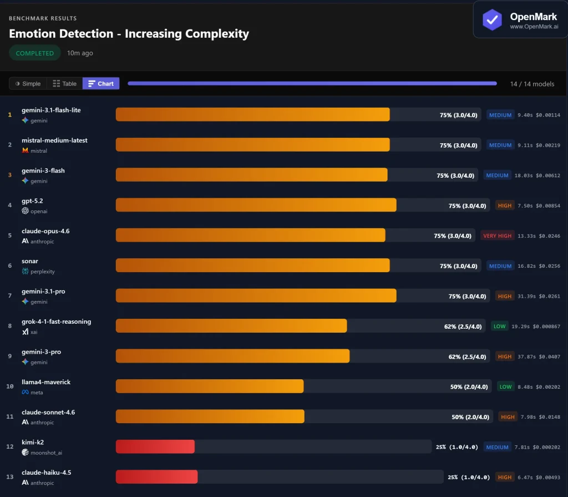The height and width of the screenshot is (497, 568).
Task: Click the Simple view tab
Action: (x=28, y=84)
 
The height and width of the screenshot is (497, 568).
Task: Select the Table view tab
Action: (x=64, y=84)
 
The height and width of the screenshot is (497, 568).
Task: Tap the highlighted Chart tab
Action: (x=101, y=84)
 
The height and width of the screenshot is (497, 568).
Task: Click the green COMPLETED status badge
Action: (x=35, y=53)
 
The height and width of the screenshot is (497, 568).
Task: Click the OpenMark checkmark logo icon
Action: (x=492, y=19)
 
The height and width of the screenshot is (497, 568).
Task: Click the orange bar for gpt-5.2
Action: (x=256, y=205)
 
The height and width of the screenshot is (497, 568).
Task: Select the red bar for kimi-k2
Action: (x=155, y=446)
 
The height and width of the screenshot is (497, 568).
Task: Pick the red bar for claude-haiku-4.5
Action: (x=156, y=476)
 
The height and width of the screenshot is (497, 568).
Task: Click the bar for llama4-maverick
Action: (x=210, y=386)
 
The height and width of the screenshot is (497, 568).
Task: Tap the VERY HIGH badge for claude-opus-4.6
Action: (x=498, y=236)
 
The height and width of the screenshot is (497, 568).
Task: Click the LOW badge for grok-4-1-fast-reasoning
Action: (x=500, y=327)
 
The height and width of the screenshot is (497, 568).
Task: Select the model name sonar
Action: (x=30, y=262)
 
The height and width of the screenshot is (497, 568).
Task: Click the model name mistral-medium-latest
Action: (x=54, y=140)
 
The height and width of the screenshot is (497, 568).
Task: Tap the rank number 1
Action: (x=9, y=115)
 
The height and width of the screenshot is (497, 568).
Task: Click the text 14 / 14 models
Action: (x=532, y=84)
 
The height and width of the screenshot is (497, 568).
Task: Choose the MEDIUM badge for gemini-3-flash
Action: (x=498, y=175)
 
